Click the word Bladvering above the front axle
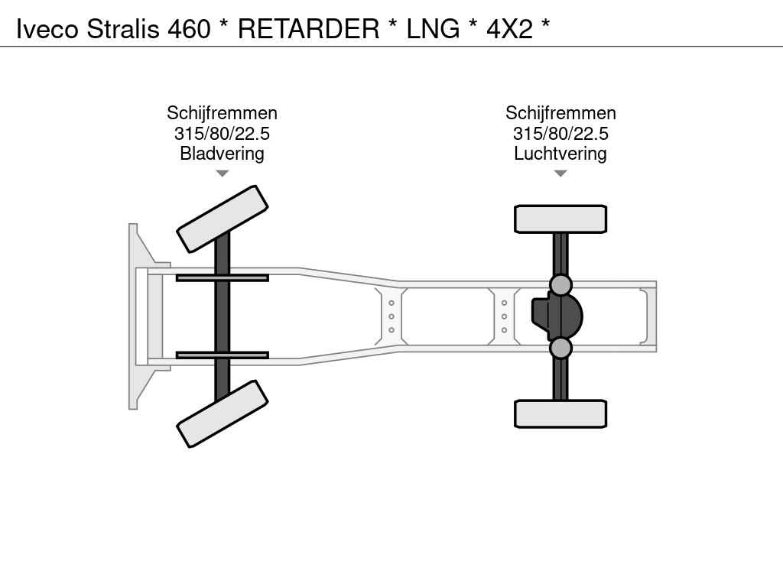(222, 154)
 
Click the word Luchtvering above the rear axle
(560, 154)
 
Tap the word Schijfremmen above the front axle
(222, 114)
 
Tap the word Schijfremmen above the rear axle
(560, 114)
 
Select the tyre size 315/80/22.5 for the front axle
(222, 134)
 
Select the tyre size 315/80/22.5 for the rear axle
(560, 134)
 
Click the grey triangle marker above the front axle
(222, 174)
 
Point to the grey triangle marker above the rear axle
(560, 174)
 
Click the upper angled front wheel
(222, 219)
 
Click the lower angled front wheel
(222, 413)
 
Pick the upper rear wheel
(560, 219)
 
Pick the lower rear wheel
(560, 413)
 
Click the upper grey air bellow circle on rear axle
(560, 285)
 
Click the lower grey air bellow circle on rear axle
(560, 348)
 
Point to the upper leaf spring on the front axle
(222, 277)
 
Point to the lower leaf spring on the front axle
(222, 355)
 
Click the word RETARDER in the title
(308, 29)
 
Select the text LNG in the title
(433, 29)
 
